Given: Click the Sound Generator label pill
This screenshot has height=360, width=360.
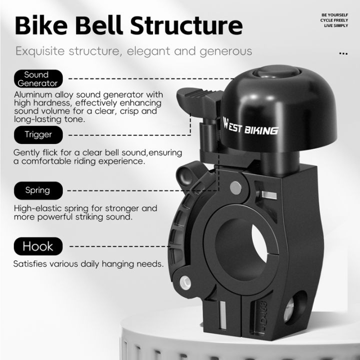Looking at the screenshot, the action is (x=38, y=79).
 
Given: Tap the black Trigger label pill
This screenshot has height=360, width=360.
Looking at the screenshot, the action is (x=38, y=135).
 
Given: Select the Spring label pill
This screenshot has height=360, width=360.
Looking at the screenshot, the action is (x=38, y=190).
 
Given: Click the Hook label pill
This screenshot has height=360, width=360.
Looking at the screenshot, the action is (x=38, y=246).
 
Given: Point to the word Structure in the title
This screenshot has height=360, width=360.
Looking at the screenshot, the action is (x=186, y=25).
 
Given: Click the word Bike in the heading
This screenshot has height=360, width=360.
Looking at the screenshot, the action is (x=41, y=25).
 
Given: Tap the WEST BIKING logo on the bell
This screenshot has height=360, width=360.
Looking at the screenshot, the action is (x=250, y=127).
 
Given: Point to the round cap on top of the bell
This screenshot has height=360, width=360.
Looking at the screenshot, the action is (x=276, y=72).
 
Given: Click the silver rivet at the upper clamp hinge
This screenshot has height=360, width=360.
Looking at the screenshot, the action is (x=236, y=187).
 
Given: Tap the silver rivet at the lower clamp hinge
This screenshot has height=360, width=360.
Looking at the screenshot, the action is (x=185, y=282).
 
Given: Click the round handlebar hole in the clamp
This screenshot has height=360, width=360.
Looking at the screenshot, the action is (x=241, y=249).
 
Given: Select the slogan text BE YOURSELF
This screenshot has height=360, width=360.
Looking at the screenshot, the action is (x=334, y=15).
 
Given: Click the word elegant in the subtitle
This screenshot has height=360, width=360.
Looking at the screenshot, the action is (x=148, y=51).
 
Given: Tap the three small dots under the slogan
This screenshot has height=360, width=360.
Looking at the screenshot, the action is (x=343, y=53).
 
